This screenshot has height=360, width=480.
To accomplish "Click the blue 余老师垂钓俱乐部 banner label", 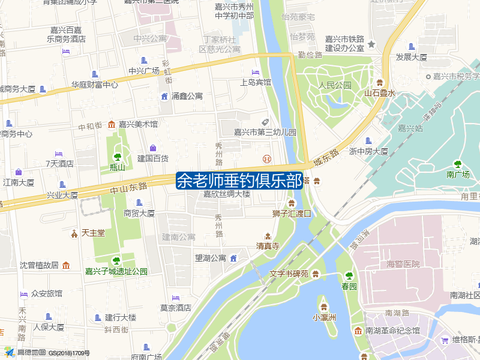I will tap(239, 181).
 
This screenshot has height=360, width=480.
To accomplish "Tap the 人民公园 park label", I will tap(335, 86).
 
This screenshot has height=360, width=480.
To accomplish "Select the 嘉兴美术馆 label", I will tap(138, 124).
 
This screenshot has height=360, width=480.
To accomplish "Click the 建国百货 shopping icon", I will tap(153, 148).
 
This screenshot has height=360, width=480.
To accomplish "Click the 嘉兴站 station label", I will tap(410, 128).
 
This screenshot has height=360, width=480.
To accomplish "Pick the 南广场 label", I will tap(458, 175).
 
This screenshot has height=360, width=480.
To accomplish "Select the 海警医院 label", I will tap(403, 264).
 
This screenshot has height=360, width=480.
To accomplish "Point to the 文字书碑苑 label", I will tap(289, 274).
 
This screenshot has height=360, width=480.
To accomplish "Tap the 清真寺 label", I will tap(268, 246).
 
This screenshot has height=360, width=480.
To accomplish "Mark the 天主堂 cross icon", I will tap(74, 232).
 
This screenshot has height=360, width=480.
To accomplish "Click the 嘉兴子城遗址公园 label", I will tap(116, 271).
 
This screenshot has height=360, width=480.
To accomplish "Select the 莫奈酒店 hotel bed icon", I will tap(176, 298).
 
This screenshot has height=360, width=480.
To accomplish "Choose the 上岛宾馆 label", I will tap(256, 82).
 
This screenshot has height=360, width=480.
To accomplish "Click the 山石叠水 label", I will tap(380, 93).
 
